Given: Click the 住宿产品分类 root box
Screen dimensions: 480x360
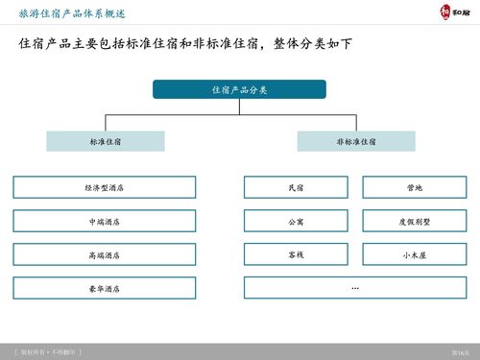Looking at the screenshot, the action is pyautogui.click(x=239, y=89).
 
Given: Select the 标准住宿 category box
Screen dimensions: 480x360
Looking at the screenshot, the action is pyautogui.click(x=106, y=141).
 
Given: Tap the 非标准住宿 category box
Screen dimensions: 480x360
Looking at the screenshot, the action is pyautogui.click(x=355, y=141).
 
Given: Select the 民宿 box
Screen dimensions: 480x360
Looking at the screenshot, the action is pyautogui.click(x=296, y=187).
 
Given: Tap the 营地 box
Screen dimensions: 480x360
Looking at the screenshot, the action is pyautogui.click(x=415, y=187).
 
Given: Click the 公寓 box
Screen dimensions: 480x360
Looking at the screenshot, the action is pyautogui.click(x=296, y=221).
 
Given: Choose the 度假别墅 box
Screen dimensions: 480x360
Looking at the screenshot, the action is pyautogui.click(x=415, y=221).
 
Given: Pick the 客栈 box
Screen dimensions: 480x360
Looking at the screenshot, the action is pyautogui.click(x=296, y=254).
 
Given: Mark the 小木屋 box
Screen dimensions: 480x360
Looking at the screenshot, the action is pyautogui.click(x=415, y=254).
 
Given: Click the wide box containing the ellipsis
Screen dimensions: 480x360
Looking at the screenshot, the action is pyautogui.click(x=355, y=288).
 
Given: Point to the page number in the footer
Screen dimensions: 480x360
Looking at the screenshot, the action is pyautogui.click(x=460, y=352).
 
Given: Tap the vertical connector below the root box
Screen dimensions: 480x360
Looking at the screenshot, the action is pyautogui.click(x=239, y=108).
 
